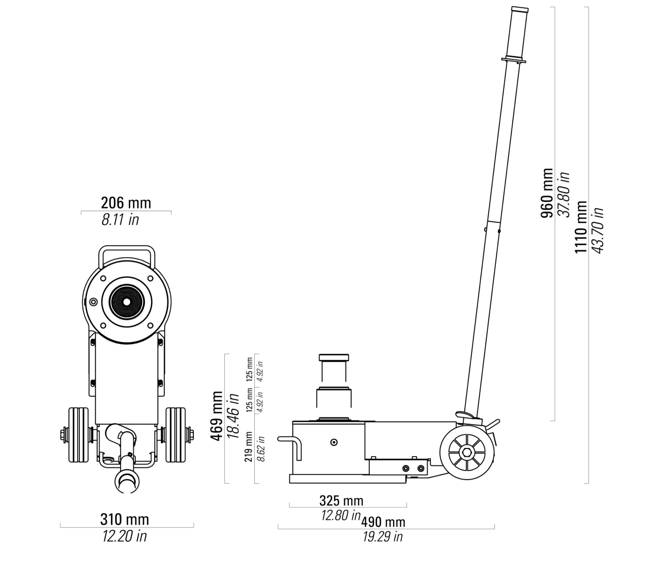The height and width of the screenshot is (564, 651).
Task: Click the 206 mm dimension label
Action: tap(126, 203)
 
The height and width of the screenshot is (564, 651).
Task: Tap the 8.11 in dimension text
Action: tap(120, 220)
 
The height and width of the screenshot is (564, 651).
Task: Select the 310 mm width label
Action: tap(125, 520)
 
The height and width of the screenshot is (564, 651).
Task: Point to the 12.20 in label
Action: tap(125, 537)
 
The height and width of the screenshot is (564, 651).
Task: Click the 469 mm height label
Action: tap(216, 416)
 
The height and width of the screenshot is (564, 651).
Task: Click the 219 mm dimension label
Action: tap(249, 447)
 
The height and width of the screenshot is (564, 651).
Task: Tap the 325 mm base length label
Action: tap(341, 501)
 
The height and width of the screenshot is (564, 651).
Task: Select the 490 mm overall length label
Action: tap(383, 522)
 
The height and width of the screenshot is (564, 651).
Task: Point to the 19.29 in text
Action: tap(382, 537)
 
